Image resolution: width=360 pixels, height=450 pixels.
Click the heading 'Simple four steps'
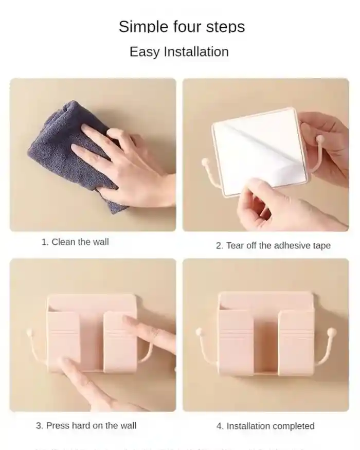[x=182, y=26]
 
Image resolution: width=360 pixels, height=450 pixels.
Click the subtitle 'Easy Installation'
[x=179, y=52]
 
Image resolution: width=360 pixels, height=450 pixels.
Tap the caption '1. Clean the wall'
[x=75, y=242]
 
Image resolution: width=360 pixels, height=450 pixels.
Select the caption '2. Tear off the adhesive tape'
[x=273, y=246]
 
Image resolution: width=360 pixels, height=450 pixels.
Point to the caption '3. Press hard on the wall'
[x=86, y=425]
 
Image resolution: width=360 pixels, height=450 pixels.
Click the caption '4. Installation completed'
[x=265, y=426]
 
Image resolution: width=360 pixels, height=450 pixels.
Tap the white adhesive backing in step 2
[x=257, y=149]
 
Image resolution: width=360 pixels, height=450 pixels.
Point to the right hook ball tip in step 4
[x=332, y=332]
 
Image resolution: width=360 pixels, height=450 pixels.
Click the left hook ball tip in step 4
[x=199, y=332]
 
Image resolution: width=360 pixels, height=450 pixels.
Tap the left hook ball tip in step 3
[x=29, y=333]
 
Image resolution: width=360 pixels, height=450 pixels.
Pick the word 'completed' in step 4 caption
[x=294, y=426]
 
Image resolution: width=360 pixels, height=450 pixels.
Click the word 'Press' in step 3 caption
[x=58, y=425]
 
